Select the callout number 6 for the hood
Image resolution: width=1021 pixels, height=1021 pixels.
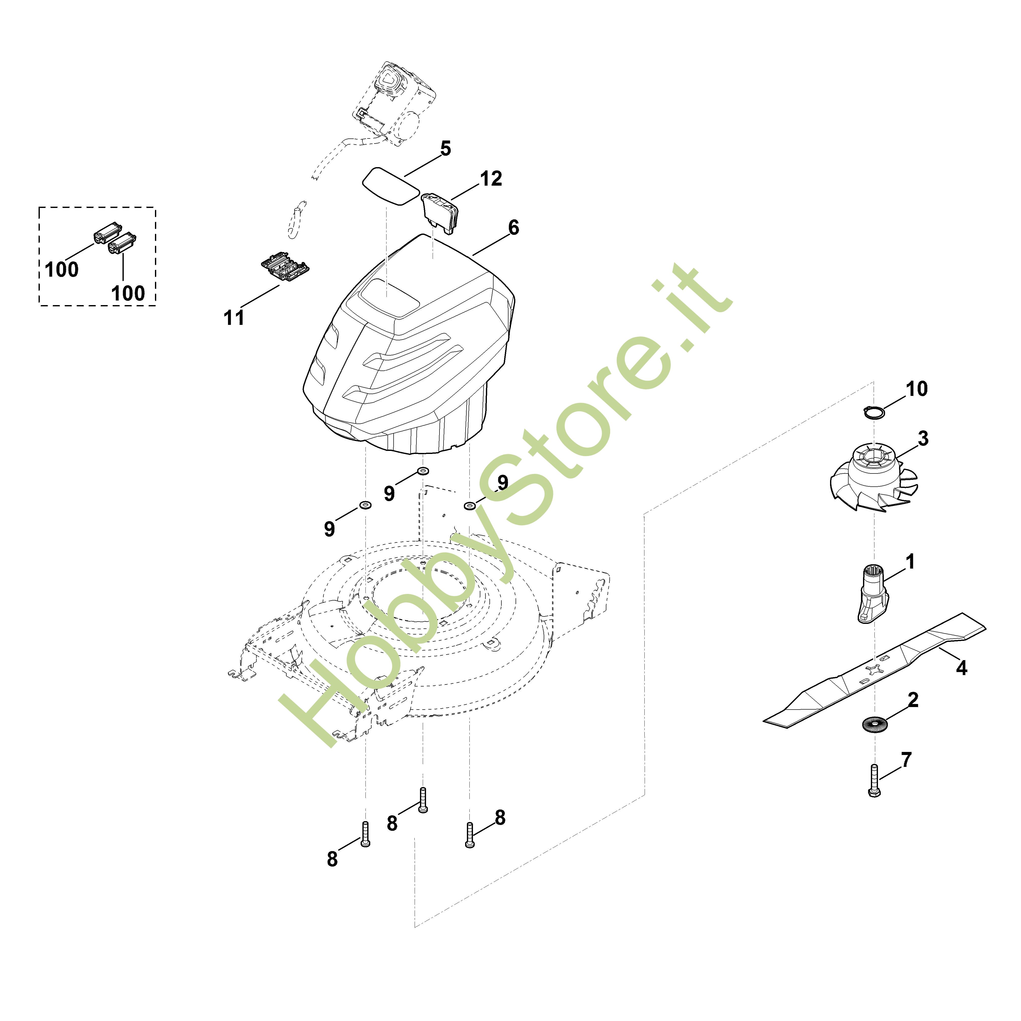(513, 228)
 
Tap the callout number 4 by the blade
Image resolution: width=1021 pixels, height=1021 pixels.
(961, 668)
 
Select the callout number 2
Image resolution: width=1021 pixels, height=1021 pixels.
(913, 700)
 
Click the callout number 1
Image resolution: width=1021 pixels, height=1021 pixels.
(910, 562)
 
